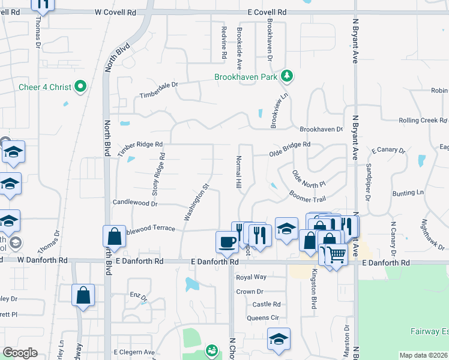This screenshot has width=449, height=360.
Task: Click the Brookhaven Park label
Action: (248, 77)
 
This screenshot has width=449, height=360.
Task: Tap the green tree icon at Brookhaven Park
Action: (288, 76)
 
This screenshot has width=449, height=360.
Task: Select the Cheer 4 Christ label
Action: (45, 87)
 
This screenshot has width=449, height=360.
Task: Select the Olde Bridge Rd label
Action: (290, 145)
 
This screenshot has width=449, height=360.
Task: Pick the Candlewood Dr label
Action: (134, 203)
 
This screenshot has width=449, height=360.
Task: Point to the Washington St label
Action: (196, 201)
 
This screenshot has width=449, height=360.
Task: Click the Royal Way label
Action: (251, 277)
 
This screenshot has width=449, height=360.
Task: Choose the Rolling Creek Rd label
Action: (423, 121)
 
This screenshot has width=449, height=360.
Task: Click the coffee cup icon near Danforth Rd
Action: (227, 242)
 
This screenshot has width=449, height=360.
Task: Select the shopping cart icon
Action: (336, 255)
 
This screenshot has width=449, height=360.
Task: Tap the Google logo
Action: (20, 353)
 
